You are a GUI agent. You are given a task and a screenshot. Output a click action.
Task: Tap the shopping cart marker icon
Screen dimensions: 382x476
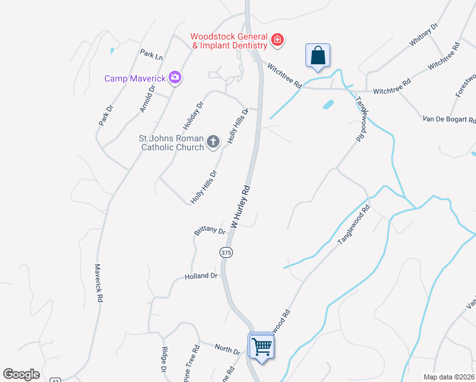(x=262, y=346)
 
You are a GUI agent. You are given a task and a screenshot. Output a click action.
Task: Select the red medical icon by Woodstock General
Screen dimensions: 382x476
(x=277, y=41)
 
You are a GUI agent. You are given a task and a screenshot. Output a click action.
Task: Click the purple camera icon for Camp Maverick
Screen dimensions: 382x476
(x=175, y=78)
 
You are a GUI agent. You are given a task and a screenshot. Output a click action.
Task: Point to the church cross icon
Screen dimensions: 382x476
(x=213, y=142)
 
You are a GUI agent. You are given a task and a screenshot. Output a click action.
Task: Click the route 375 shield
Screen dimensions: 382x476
(x=226, y=253)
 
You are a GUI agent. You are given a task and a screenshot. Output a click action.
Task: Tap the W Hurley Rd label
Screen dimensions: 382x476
(x=242, y=207)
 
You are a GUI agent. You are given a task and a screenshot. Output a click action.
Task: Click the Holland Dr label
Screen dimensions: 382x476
(x=201, y=276)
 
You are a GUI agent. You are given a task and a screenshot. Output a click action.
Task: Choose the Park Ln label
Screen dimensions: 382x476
(x=151, y=55)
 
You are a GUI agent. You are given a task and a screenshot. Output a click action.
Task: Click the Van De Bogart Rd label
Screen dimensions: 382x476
(x=449, y=119)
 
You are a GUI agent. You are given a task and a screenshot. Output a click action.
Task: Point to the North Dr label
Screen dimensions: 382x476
(x=227, y=349)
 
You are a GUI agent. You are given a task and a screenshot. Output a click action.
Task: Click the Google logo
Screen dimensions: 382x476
(x=22, y=374)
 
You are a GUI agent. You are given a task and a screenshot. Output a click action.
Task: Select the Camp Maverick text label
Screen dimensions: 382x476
(x=135, y=78)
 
